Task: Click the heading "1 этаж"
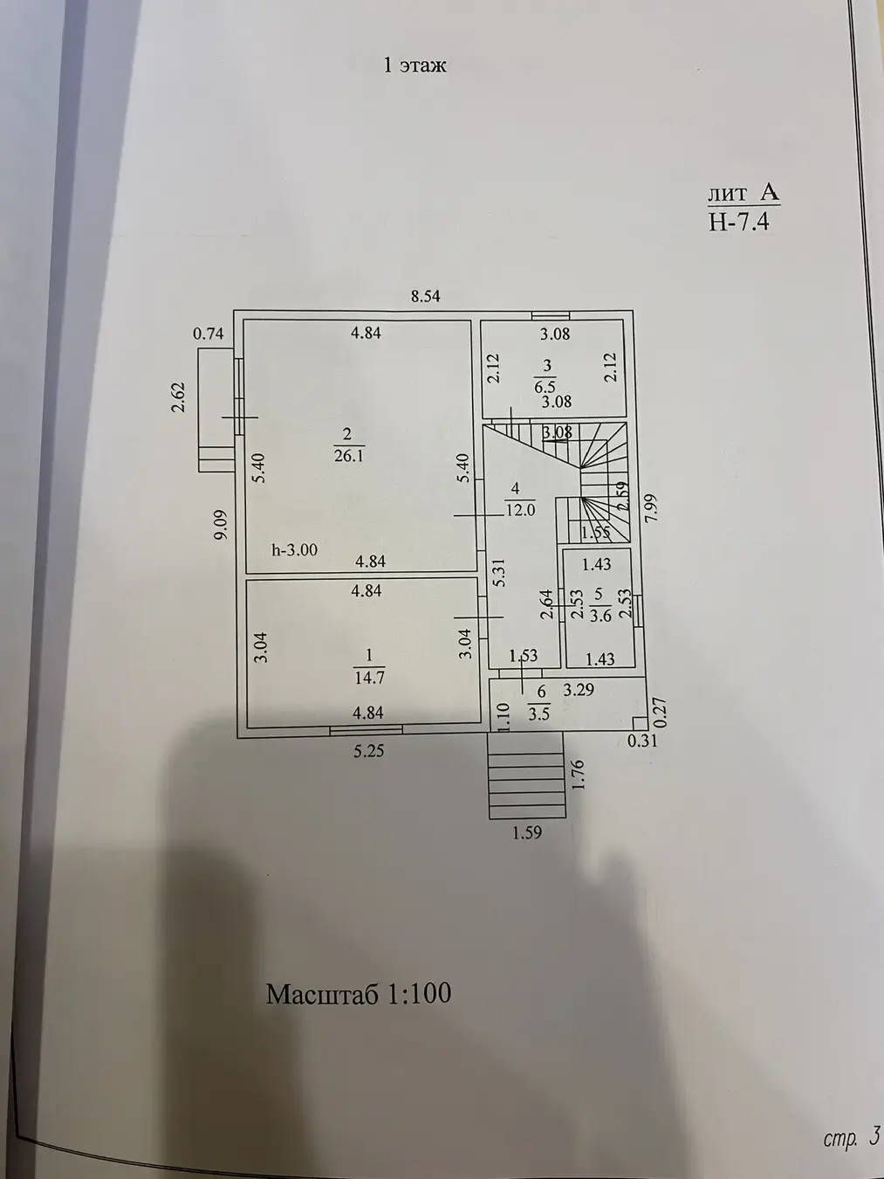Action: click(415, 65)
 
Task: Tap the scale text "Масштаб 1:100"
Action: click(359, 993)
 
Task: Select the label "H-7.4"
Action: click(738, 222)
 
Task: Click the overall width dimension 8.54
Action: click(426, 296)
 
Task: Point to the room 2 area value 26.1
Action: click(348, 456)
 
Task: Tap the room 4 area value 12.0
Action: click(519, 510)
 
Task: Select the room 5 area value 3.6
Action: click(600, 617)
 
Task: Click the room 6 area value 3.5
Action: click(539, 713)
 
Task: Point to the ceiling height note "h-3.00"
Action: click(295, 550)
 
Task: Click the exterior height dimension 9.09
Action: click(222, 526)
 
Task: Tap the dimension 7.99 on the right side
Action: click(654, 509)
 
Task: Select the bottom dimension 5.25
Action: click(368, 750)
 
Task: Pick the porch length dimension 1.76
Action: click(576, 776)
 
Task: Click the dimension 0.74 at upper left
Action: click(209, 333)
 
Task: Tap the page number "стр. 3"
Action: click(851, 1138)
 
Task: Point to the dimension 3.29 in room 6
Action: click(579, 690)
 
